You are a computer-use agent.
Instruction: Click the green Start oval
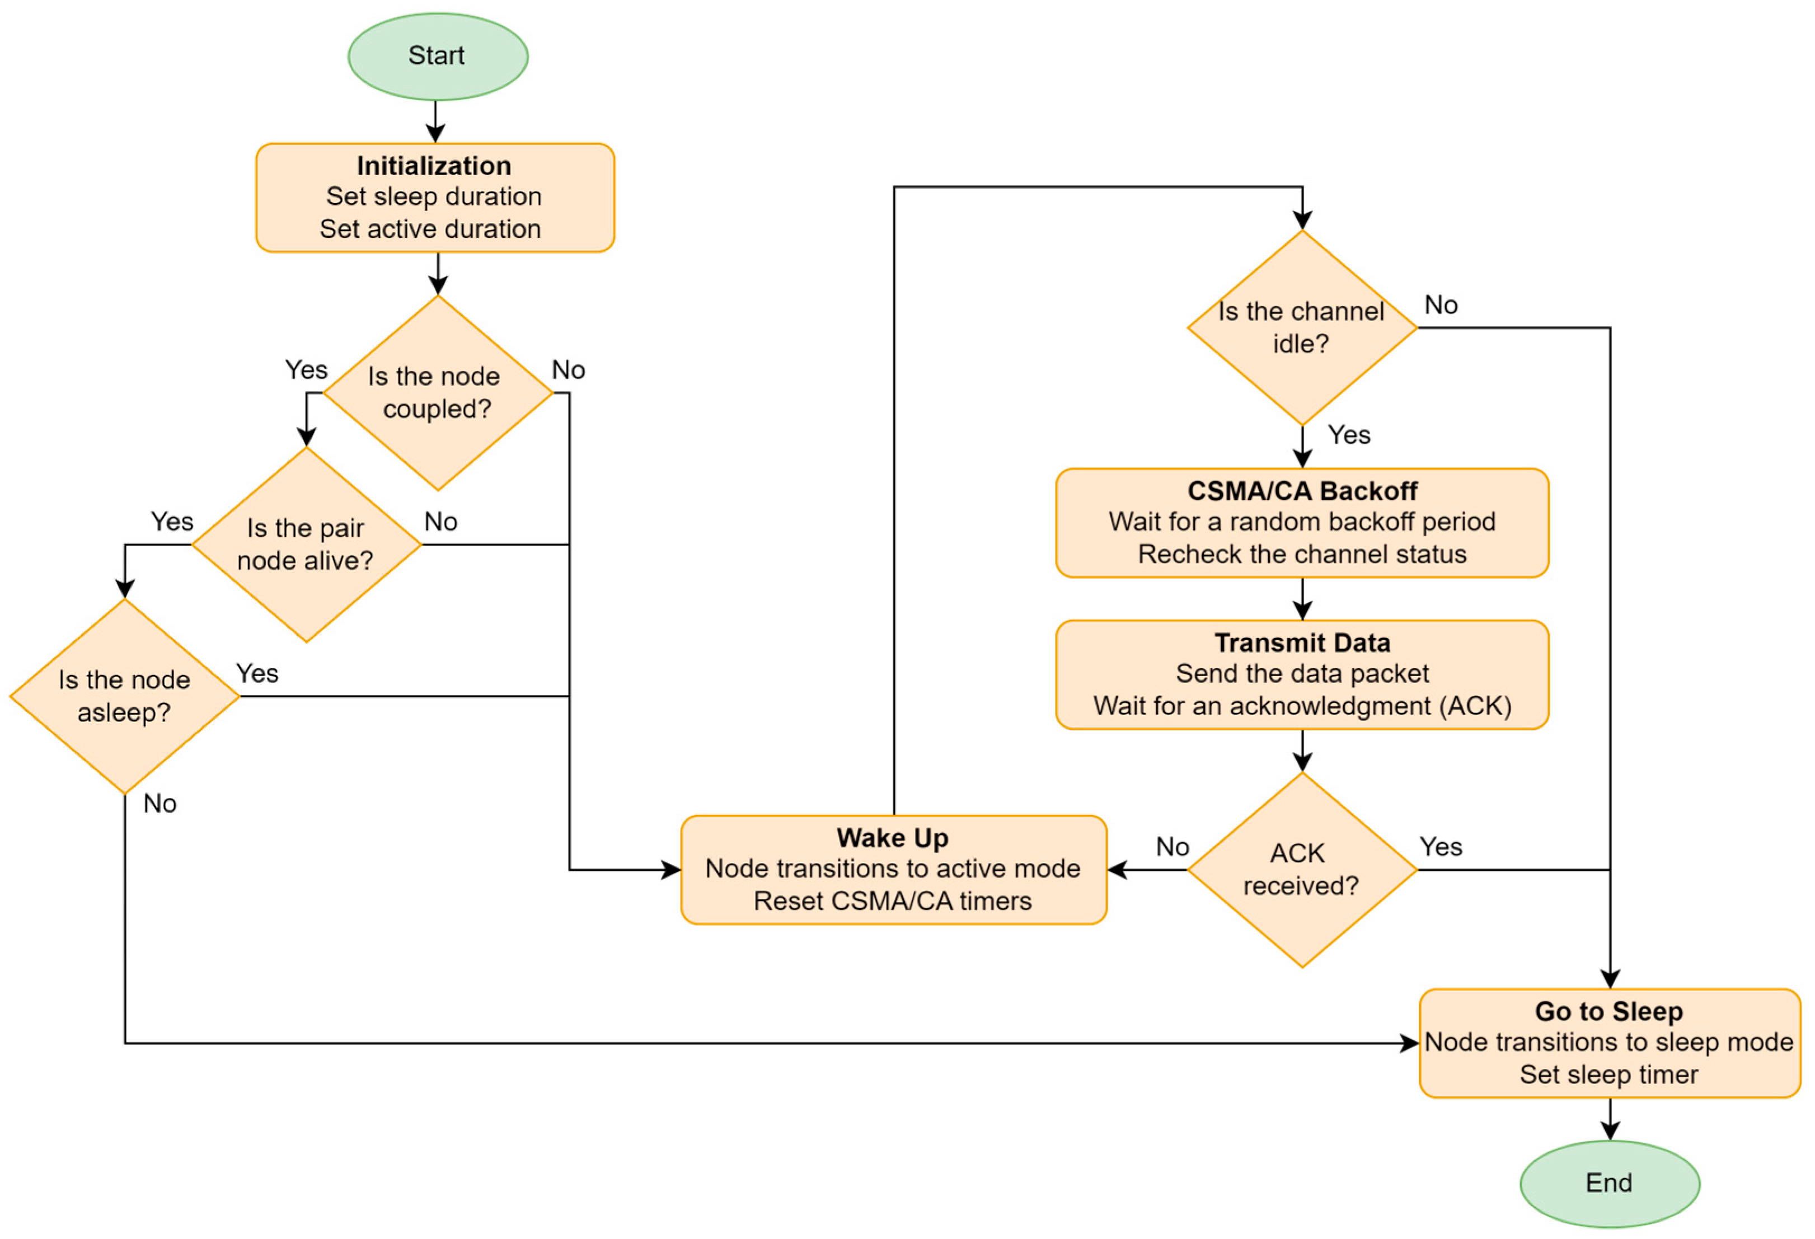click(x=437, y=56)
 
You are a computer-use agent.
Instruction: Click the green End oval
click(x=1609, y=1183)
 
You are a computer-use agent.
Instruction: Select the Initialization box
click(x=435, y=198)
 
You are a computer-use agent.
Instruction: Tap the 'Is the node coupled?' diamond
click(x=437, y=393)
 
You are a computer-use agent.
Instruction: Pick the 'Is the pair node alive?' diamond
click(x=306, y=544)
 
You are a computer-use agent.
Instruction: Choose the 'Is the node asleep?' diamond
click(x=125, y=696)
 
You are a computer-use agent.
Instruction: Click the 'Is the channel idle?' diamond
click(x=1302, y=328)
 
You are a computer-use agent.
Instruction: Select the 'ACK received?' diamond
click(x=1302, y=869)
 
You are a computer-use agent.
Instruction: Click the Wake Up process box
click(x=893, y=869)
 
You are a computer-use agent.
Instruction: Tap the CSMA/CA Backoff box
click(x=1302, y=522)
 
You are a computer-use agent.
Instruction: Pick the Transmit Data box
click(x=1302, y=674)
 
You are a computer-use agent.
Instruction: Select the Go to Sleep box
click(x=1609, y=1043)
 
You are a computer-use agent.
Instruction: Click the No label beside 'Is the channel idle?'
click(x=1441, y=305)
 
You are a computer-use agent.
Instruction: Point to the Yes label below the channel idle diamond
click(x=1349, y=435)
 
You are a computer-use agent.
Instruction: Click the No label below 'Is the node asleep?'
click(x=160, y=804)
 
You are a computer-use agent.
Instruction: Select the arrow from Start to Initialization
click(x=436, y=122)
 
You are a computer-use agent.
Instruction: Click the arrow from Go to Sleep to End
click(x=1610, y=1119)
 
